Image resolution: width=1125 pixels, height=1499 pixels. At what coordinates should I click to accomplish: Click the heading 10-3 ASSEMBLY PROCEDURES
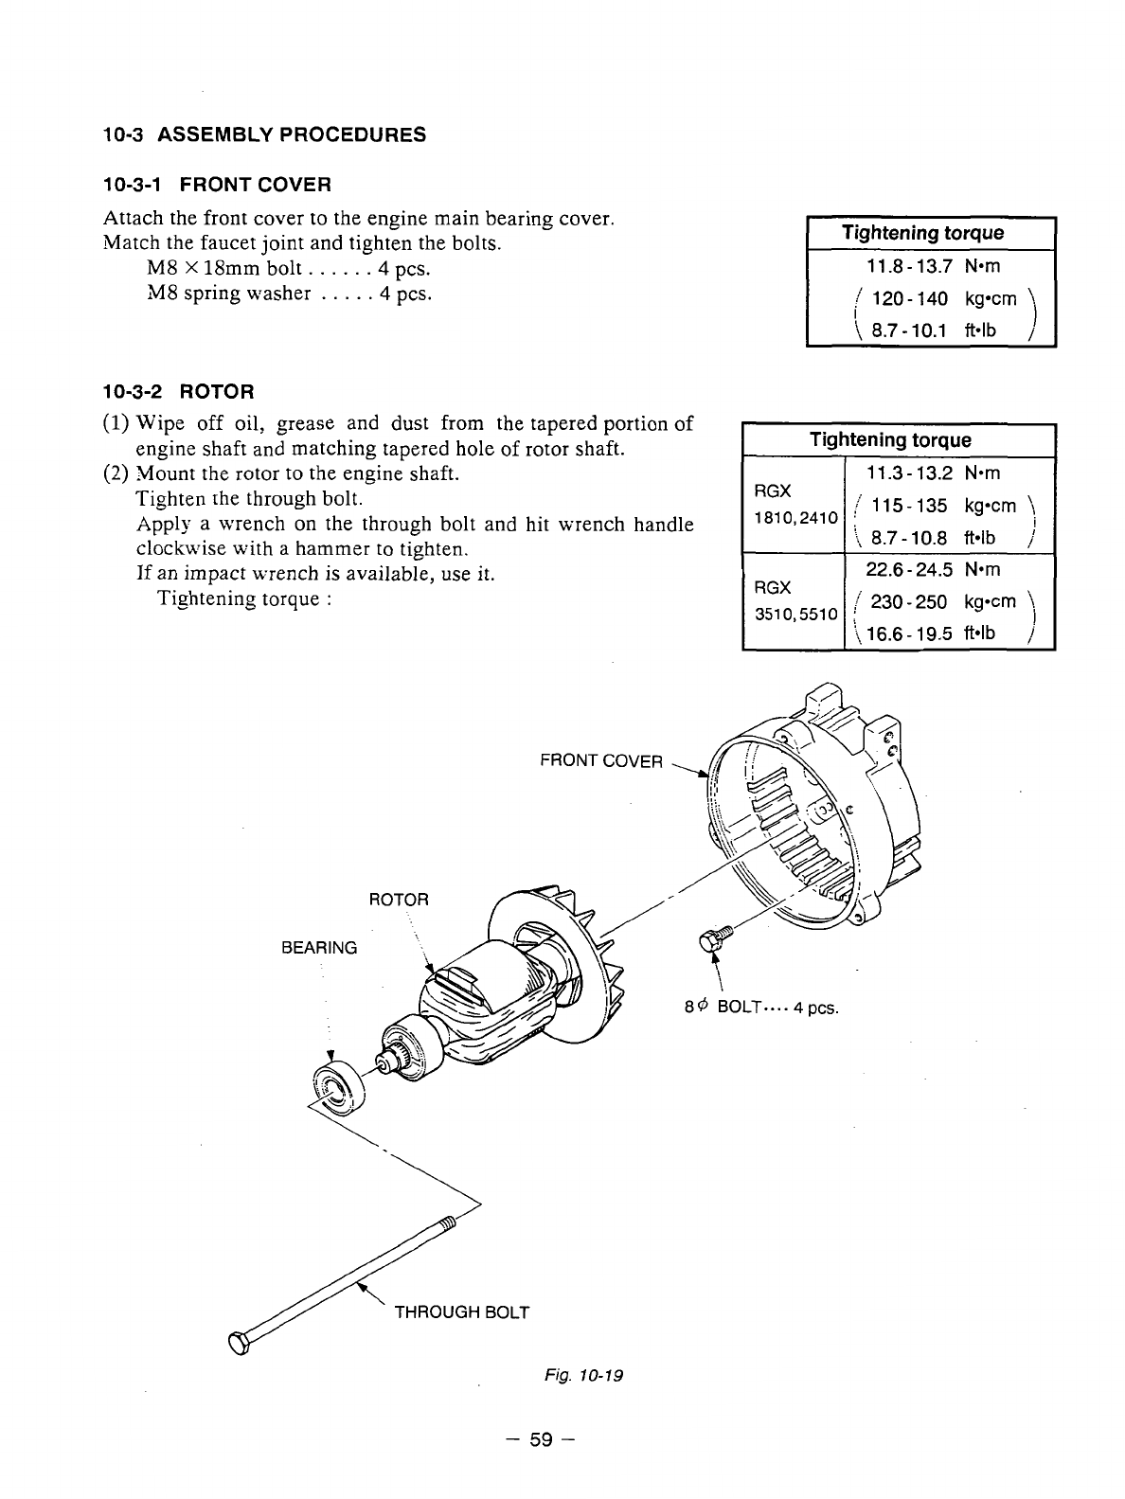point(264,134)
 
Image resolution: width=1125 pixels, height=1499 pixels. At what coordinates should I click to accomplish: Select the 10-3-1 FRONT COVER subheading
point(217,183)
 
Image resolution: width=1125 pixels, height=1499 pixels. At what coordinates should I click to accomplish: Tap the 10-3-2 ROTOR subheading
point(178,391)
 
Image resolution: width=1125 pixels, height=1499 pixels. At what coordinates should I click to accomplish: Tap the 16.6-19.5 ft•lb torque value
point(929,633)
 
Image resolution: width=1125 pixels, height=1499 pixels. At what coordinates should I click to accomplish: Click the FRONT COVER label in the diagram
point(600,760)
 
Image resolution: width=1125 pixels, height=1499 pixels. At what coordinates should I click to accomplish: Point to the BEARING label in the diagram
point(319,947)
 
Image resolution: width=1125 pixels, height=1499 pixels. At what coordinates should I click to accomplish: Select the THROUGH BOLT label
point(461,1312)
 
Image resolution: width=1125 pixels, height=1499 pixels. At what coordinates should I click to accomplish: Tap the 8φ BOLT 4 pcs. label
point(761,1006)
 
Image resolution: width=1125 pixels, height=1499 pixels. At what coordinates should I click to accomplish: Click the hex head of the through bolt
point(239,1344)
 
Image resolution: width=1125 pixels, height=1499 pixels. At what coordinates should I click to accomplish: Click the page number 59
point(541,1441)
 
